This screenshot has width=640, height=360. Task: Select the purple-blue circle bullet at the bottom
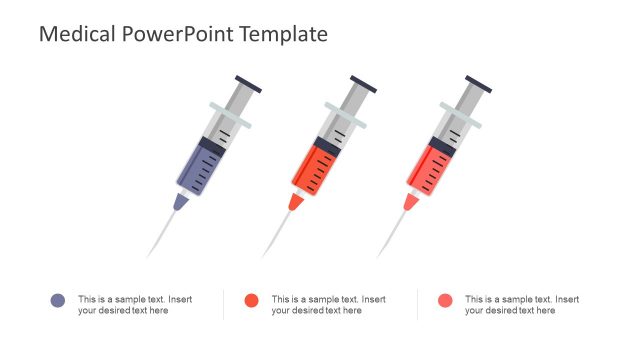(58, 301)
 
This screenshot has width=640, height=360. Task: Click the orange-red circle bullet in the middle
(251, 301)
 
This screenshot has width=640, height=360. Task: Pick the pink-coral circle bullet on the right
(445, 301)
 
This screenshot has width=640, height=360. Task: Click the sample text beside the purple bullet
(135, 305)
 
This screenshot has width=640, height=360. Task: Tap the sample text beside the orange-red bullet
(328, 305)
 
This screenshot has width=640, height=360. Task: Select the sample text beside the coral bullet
(521, 305)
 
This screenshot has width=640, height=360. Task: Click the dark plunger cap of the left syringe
(248, 84)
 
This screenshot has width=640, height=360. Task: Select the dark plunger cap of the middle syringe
(363, 84)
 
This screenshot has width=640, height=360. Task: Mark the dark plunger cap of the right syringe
(478, 84)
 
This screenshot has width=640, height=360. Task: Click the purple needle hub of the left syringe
(180, 202)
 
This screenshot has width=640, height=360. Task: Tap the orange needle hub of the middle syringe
(296, 202)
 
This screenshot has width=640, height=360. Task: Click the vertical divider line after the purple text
(223, 305)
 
